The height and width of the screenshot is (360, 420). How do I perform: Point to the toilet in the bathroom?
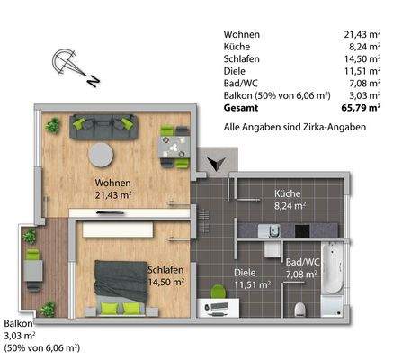click(300, 309)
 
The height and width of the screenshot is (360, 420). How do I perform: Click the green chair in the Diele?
click(217, 291)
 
